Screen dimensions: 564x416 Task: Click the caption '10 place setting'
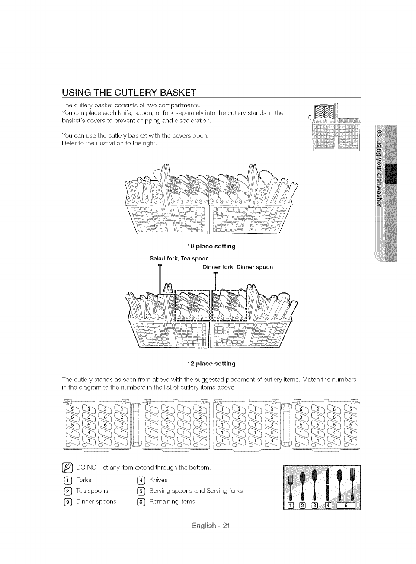[211, 246]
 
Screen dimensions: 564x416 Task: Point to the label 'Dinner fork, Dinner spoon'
[238, 267]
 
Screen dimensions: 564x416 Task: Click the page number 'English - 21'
[211, 526]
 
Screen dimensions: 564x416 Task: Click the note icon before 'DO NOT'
[67, 468]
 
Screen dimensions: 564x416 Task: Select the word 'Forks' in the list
[83, 480]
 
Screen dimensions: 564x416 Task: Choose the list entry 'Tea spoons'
[92, 490]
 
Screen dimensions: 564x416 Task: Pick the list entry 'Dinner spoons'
[96, 502]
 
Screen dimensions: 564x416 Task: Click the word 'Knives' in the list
[158, 480]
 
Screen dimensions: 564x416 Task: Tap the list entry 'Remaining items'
[172, 502]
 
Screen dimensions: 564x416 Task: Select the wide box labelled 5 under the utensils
[346, 506]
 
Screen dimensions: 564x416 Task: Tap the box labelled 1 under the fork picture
[290, 506]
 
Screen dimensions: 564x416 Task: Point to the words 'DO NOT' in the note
[90, 468]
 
